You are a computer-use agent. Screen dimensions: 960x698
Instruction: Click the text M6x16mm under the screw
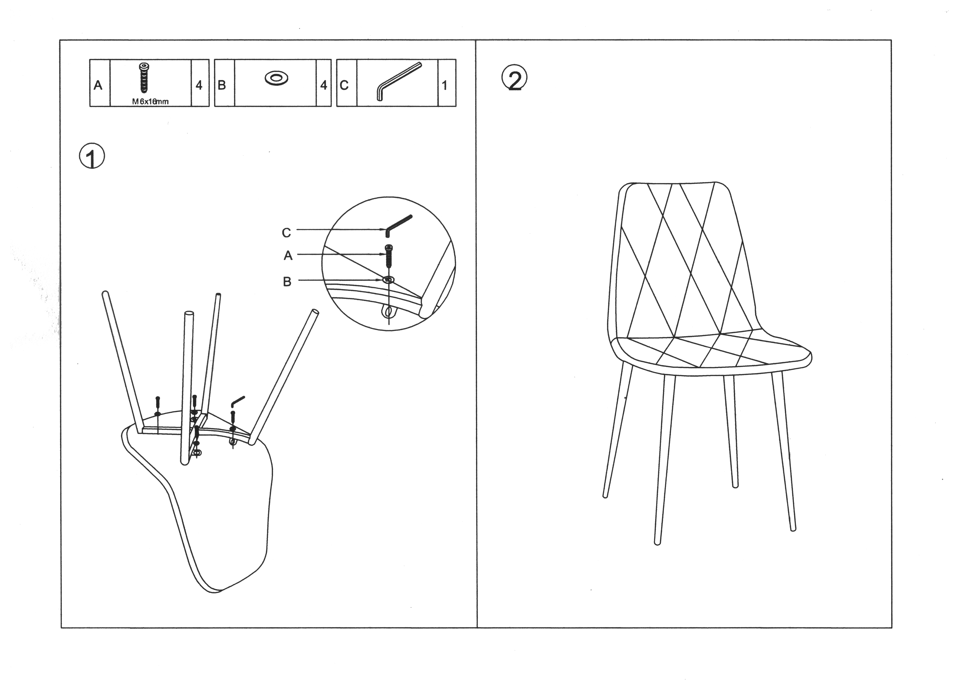150,102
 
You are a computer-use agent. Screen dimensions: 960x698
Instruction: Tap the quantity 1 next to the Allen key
444,85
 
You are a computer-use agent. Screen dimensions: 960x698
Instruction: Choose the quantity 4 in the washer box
324,85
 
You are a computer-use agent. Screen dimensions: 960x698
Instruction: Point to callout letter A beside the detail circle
288,255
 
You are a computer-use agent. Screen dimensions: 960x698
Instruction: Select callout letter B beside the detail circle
287,281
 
